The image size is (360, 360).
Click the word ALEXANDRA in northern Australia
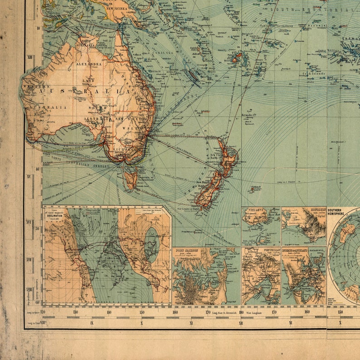pyautogui.click(x=89, y=64)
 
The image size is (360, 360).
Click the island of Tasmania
pyautogui.click(x=131, y=178)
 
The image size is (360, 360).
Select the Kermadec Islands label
pyautogui.click(x=249, y=115)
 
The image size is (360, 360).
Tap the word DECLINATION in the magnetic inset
pyautogui.click(x=54, y=216)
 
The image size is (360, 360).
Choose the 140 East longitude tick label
pyautogui.click(x=109, y=312)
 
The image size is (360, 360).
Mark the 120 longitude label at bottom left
pyautogui.click(x=43, y=312)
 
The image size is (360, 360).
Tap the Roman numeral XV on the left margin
pyautogui.click(x=29, y=176)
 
